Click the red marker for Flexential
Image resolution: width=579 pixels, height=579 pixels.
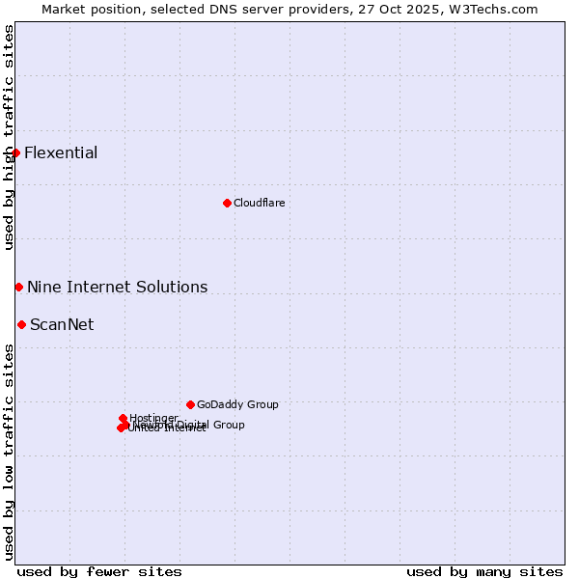[x=16, y=152]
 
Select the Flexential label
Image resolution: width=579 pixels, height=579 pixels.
[x=61, y=152]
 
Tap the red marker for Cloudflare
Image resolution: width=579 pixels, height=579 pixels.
[x=227, y=203]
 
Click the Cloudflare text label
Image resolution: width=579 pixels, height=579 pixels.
[x=259, y=203]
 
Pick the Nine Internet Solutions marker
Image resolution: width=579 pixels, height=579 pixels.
[x=18, y=287]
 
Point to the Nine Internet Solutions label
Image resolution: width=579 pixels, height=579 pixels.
[x=117, y=287]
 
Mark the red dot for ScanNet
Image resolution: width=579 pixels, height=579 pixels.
[x=21, y=324]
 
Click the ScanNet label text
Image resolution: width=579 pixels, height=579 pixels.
[x=62, y=324]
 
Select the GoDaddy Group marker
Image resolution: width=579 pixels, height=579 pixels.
[x=190, y=404]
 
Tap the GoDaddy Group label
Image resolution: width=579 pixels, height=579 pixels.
[x=237, y=404]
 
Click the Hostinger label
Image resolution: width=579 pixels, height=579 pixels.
[x=153, y=418]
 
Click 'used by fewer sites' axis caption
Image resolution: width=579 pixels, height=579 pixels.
[x=99, y=571]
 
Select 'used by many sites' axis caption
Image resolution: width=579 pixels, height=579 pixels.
[x=484, y=571]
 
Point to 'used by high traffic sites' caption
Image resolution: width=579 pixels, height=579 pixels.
[x=9, y=137]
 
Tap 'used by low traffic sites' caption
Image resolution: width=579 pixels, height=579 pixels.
[x=9, y=451]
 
